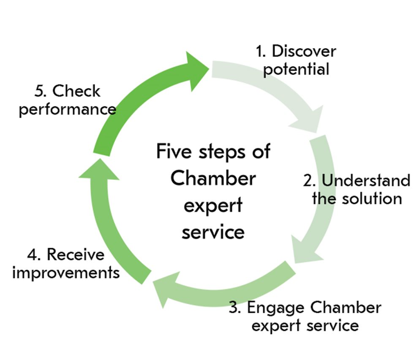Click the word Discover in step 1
[304, 51]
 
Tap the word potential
[296, 69]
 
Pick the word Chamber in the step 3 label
[346, 308]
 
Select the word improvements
[66, 273]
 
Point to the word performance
[67, 109]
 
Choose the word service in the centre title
[213, 233]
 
